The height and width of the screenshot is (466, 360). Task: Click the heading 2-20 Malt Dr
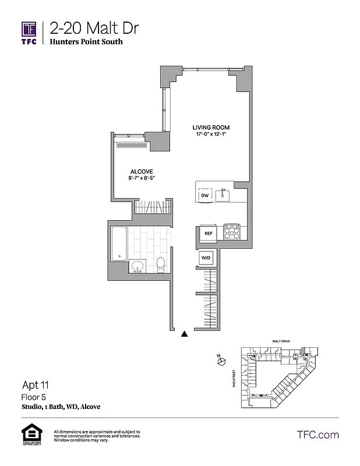[x=94, y=27]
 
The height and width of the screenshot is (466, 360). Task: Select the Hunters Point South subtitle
[x=86, y=42]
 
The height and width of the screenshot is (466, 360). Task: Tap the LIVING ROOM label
[x=211, y=128]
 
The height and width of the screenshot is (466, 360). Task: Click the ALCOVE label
[x=142, y=171]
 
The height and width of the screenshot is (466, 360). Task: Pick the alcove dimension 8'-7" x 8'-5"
[x=142, y=178]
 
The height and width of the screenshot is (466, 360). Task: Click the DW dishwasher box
[x=204, y=196]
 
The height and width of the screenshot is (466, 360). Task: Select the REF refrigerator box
[x=207, y=233]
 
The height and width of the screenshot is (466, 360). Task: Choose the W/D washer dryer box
[x=206, y=257]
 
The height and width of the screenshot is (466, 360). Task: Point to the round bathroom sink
[x=138, y=267]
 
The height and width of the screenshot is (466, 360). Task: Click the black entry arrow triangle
[x=185, y=334]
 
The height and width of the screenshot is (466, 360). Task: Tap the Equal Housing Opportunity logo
[x=29, y=435]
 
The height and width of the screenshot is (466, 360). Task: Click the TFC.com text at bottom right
[x=317, y=435]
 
